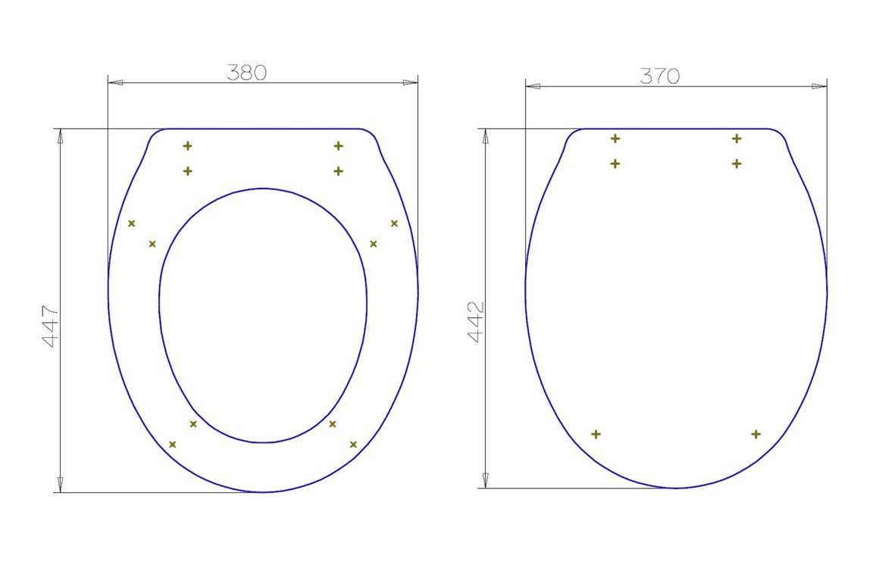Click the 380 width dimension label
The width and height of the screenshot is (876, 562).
246,73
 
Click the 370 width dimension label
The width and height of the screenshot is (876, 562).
660,76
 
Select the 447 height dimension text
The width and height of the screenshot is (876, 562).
50,326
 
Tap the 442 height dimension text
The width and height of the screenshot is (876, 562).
475,322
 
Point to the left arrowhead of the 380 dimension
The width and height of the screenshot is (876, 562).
116,83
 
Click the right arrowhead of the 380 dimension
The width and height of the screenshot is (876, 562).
410,83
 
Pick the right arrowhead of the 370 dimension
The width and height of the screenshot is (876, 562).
820,86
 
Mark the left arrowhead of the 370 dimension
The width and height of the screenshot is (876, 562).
533,86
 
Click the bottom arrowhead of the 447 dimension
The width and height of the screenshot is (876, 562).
61,485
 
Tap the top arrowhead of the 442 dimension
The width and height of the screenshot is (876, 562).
486,136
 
